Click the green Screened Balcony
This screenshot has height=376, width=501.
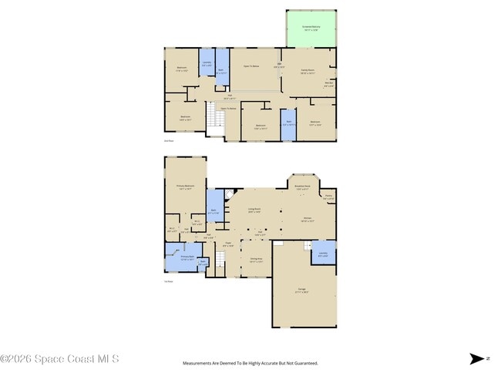(311, 29)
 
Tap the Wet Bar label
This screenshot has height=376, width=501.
(328, 86)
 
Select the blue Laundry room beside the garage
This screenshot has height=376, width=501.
(323, 253)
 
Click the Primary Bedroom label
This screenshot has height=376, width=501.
(184, 187)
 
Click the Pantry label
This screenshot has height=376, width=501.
(328, 197)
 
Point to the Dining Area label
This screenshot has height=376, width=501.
(256, 260)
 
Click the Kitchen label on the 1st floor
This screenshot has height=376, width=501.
(307, 219)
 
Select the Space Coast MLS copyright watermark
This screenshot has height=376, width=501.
(59, 358)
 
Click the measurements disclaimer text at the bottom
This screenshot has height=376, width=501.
(250, 363)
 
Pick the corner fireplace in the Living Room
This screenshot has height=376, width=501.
(229, 193)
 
